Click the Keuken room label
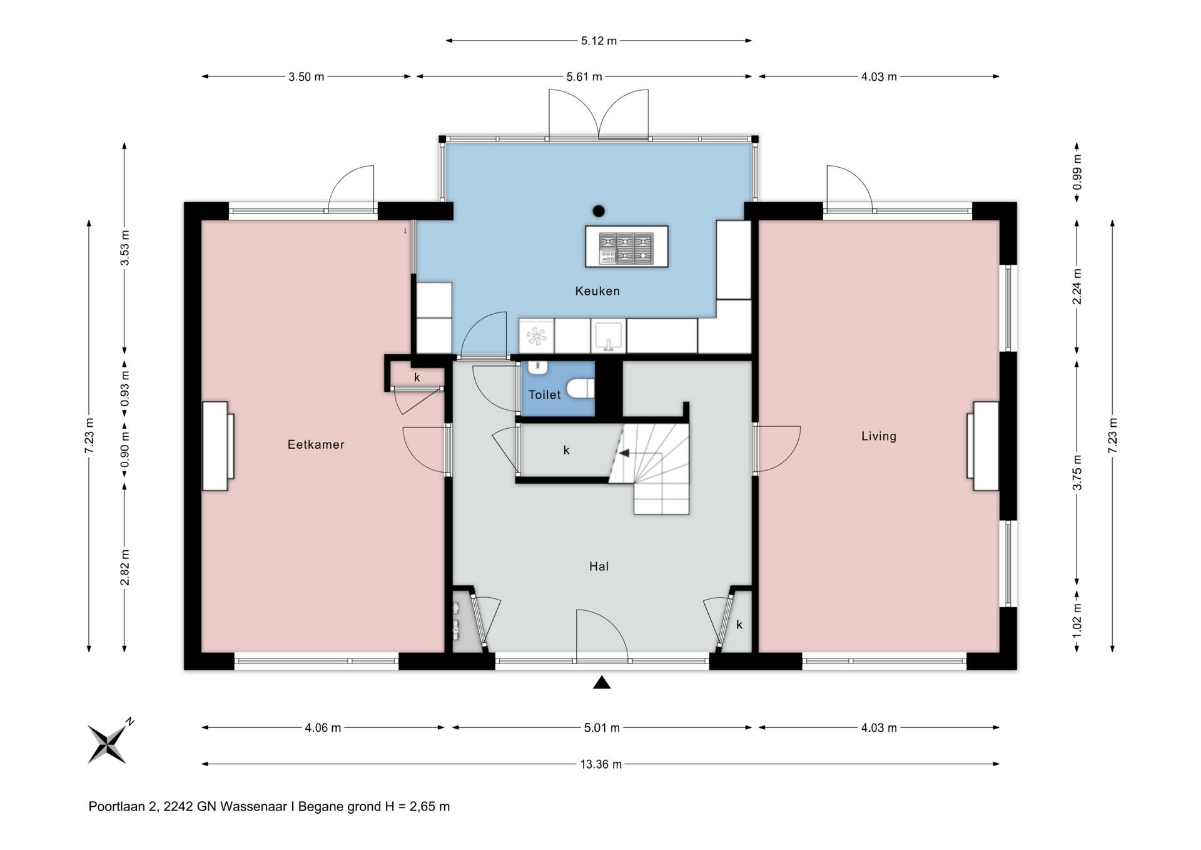(597, 291)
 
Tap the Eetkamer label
(316, 444)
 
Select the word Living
(879, 436)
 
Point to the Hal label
(599, 566)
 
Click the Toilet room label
(545, 395)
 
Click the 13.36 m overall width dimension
(601, 764)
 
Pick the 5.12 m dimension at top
(599, 41)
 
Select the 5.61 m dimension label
(584, 77)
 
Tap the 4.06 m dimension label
(323, 728)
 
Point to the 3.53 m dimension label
(125, 248)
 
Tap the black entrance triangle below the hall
(602, 683)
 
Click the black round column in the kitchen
(599, 211)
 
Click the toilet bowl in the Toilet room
(580, 389)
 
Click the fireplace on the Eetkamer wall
(218, 446)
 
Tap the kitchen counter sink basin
(609, 335)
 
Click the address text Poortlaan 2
(123, 807)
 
